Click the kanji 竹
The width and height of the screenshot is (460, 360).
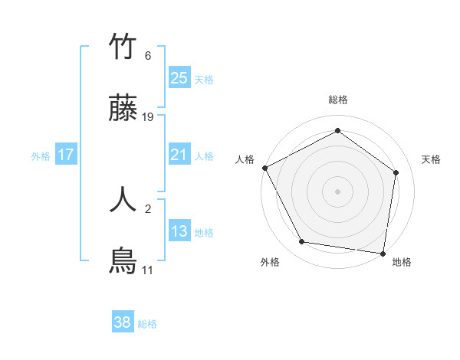tap(123, 47)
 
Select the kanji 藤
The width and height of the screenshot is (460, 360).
tap(123, 110)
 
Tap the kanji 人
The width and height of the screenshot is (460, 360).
tap(123, 198)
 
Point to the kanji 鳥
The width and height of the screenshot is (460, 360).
tap(123, 261)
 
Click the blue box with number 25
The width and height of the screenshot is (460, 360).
tap(179, 77)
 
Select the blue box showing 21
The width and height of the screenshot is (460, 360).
tap(179, 155)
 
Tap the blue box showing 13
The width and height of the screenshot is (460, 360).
tap(179, 232)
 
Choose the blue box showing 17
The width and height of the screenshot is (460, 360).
tap(66, 155)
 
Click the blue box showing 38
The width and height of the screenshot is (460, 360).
tap(123, 322)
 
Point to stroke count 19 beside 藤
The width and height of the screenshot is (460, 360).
tap(148, 117)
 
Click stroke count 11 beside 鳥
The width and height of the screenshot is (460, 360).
tap(147, 270)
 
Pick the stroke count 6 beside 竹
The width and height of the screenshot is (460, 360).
tap(148, 56)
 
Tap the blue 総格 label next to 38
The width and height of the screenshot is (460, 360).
tap(147, 324)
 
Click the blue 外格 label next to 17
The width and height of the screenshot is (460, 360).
tap(41, 155)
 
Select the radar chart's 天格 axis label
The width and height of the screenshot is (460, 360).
tap(432, 159)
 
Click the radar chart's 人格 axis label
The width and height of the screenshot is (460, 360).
tap(245, 159)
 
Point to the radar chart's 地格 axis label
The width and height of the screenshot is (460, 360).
tap(402, 263)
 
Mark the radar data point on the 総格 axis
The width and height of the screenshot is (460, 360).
tap(337, 131)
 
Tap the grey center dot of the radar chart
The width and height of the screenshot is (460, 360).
tap(337, 191)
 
